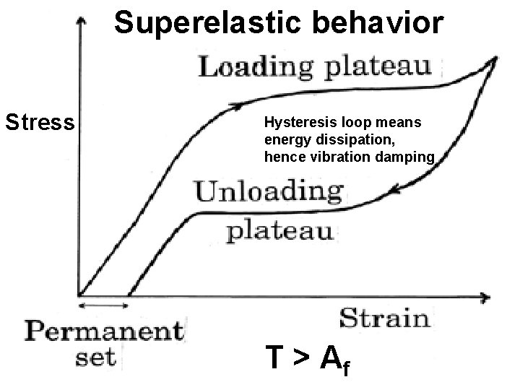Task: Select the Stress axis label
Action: point(40,122)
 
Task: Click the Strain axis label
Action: point(383,318)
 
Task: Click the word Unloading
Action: point(269,193)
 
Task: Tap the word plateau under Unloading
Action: point(281,231)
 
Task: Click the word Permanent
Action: point(104,333)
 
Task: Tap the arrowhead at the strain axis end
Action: point(489,296)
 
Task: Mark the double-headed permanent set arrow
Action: point(104,305)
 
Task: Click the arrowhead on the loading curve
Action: point(235,106)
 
